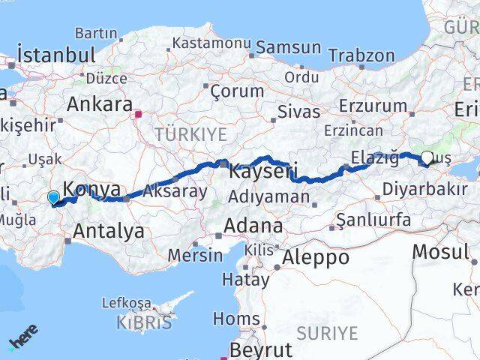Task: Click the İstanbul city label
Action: (56, 55)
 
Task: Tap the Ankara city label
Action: (99, 104)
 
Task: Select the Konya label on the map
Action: (91, 190)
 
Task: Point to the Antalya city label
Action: (109, 231)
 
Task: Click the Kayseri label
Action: (262, 171)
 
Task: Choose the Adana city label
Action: (255, 226)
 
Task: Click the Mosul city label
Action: (440, 251)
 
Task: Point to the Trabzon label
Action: (361, 55)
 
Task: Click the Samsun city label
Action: (288, 47)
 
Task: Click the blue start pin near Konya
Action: (53, 198)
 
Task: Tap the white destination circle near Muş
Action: (427, 158)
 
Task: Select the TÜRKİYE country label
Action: (190, 134)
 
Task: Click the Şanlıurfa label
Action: (373, 220)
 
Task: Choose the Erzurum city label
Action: (373, 106)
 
